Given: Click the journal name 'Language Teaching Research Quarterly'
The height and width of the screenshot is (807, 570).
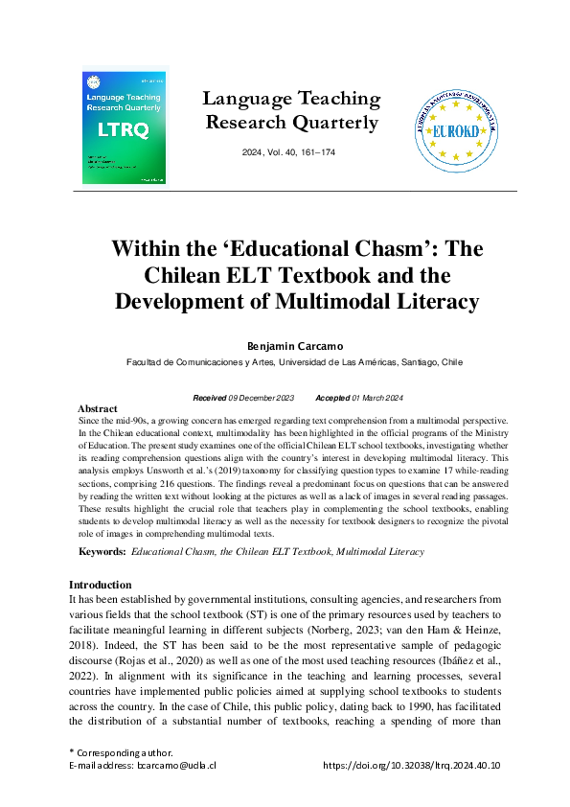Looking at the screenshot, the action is [x=292, y=111].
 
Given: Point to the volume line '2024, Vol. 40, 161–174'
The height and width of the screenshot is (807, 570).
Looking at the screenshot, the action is [x=291, y=153].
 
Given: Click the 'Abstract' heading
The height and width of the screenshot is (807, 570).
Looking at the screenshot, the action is [x=97, y=408].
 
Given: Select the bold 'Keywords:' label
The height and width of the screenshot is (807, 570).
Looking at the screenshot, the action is [x=102, y=552].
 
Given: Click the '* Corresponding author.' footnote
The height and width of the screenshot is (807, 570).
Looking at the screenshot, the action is [x=120, y=753].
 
